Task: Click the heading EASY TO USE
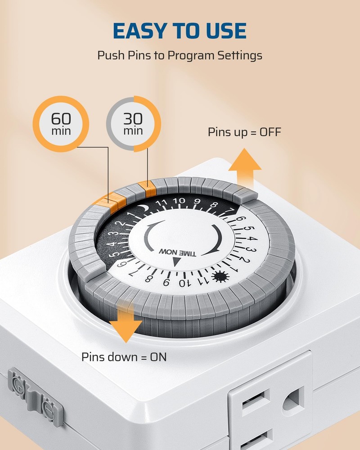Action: [x=180, y=31]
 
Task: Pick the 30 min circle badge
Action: [x=133, y=124]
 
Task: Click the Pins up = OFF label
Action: [x=244, y=132]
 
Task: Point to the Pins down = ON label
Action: [x=124, y=357]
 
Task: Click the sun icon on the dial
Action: [x=220, y=277]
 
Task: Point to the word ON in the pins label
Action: [x=158, y=357]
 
